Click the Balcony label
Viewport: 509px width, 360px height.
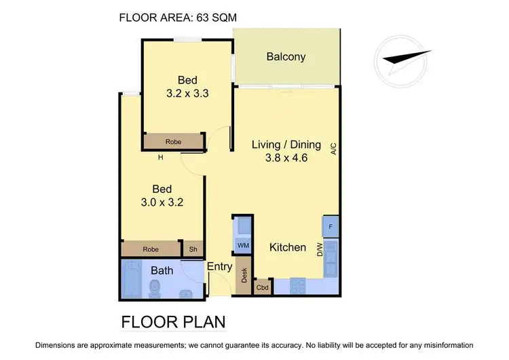(286, 56)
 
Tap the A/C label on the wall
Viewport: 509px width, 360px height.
(333, 148)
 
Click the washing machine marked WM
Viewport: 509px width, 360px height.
(242, 245)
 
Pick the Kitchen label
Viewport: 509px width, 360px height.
(288, 247)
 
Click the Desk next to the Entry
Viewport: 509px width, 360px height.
(243, 276)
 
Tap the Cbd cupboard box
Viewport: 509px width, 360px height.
(262, 288)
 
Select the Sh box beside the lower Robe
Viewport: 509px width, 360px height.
(193, 249)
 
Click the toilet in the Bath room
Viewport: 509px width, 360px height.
(154, 290)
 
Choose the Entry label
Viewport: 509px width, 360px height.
(219, 267)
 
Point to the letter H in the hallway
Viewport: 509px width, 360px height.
(161, 158)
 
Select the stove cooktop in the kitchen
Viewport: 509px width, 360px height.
(299, 287)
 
